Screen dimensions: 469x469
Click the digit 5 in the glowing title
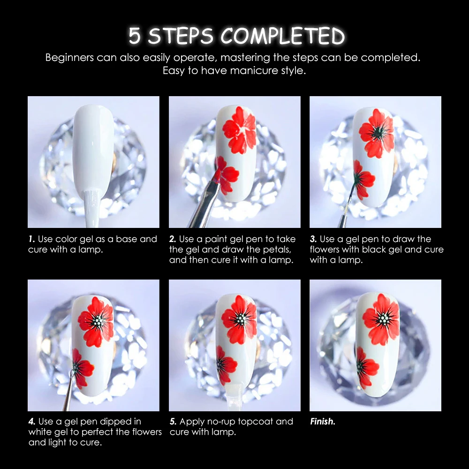coord(135,36)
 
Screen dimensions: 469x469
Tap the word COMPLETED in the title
coord(283,36)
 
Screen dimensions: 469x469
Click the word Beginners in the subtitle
coord(69,58)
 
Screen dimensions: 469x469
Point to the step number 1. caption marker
coord(32,239)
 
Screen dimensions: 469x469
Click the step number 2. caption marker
coord(173,239)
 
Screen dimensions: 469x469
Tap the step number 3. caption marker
coord(313,239)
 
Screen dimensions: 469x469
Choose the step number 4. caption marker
coord(32,422)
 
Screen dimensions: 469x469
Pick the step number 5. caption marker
coord(173,422)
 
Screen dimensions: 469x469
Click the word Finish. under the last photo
coord(323,422)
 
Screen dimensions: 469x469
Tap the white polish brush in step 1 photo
coord(91,208)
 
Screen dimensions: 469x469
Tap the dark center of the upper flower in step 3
coord(378,133)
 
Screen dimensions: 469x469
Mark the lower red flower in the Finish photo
coord(366,368)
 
